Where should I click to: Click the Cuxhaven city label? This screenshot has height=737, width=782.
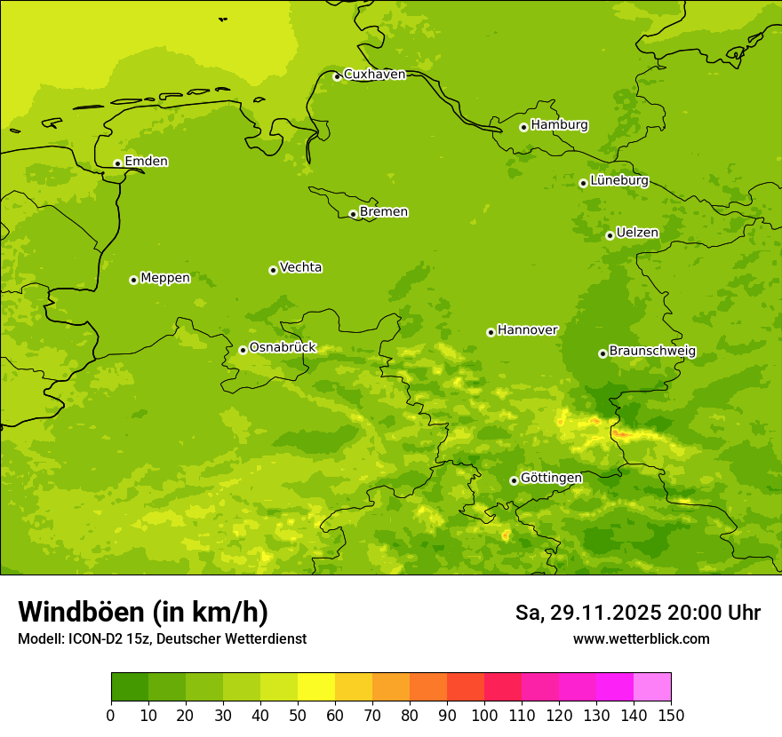374,75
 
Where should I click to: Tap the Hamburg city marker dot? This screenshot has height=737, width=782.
523,127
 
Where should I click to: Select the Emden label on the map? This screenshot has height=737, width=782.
146,162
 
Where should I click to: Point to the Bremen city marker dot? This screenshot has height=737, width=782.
353,214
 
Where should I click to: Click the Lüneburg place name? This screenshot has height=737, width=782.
618,180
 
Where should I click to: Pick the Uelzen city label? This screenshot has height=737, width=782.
637,234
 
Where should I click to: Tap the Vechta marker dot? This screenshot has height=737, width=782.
273,270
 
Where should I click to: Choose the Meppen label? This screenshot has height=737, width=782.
165,278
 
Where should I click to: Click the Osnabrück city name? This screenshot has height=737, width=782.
283,348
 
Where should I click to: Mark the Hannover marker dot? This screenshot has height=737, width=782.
491,332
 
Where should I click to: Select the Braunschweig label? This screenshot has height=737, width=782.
652,352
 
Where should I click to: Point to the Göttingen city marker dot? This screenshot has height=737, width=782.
514,480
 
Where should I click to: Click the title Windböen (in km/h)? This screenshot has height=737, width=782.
143,612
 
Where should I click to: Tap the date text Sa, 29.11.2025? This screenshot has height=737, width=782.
587,613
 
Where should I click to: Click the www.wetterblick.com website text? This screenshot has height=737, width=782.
641,639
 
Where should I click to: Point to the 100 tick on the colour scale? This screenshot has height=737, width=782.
484,716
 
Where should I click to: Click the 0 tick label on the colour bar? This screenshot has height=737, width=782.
111,716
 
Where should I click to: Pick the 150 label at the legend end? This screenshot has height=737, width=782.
671,716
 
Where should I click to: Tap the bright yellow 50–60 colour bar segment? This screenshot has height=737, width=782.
316,687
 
